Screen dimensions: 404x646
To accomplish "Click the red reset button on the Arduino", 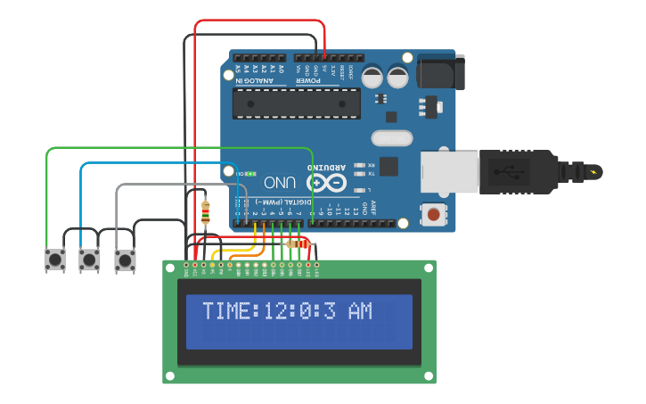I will (433, 214).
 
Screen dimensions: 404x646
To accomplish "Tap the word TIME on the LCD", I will (227, 311).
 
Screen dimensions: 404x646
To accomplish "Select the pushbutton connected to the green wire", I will (55, 260).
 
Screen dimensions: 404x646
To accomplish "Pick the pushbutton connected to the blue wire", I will (89, 260).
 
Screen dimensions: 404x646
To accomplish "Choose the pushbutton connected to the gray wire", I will (125, 260).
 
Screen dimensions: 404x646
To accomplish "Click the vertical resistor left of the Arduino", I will (207, 212).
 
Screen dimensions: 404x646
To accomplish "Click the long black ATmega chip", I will (296, 103).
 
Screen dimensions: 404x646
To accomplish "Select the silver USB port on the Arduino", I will (450, 171).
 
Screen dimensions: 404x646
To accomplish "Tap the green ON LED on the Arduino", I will (250, 173).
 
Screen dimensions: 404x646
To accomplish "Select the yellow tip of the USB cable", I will (592, 169).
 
